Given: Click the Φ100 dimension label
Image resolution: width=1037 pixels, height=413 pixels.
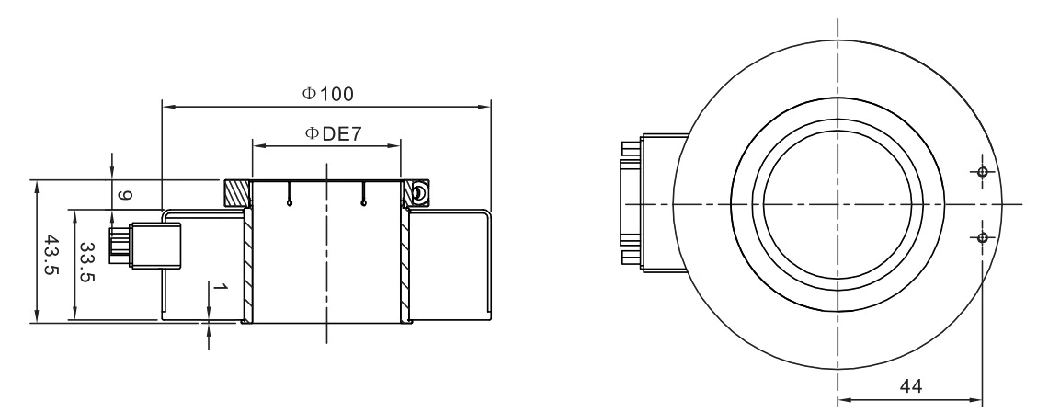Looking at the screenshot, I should (328, 94).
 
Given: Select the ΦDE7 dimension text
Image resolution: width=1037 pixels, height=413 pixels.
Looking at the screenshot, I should (332, 134).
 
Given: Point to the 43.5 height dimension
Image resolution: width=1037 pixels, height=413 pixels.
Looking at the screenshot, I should (52, 251).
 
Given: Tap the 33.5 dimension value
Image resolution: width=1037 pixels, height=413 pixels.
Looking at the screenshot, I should (86, 265).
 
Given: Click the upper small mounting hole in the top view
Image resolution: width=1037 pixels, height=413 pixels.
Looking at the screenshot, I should (983, 172).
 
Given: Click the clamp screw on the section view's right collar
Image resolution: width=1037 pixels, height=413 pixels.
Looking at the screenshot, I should (418, 192).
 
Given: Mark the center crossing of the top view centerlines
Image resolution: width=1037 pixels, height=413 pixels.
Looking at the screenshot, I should (838, 203).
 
